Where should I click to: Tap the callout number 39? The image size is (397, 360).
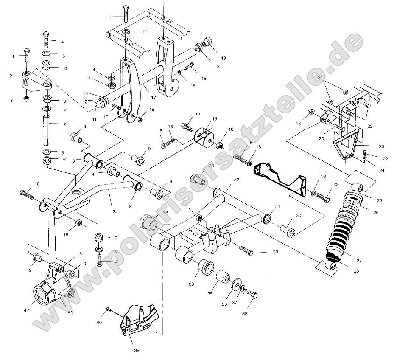136,350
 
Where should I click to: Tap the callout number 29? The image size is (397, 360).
275,252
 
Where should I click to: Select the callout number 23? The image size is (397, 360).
381,146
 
